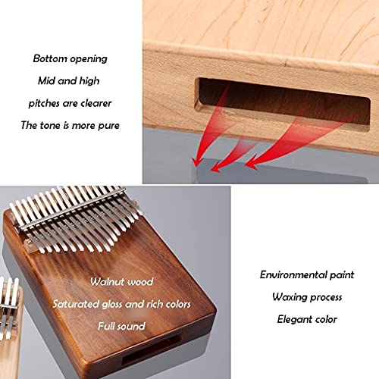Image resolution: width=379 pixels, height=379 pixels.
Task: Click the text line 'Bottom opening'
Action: tap(70, 59)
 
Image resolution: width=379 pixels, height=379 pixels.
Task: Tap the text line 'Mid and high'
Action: tap(69, 81)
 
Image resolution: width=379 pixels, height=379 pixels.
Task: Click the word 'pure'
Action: tap(108, 126)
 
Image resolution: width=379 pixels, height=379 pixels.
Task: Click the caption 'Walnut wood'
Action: tap(121, 282)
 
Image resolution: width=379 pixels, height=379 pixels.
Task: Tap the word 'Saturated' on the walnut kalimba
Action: tap(76, 304)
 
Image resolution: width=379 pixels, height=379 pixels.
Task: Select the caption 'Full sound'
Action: tap(121, 326)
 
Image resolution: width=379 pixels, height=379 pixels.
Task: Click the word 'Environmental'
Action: tap(291, 274)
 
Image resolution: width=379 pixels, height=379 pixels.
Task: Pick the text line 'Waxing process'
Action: tap(307, 297)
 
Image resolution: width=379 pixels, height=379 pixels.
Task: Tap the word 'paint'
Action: tap(340, 275)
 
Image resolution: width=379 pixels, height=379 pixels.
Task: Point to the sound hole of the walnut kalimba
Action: tap(152, 349)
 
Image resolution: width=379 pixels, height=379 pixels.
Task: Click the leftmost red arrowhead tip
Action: tap(196, 165)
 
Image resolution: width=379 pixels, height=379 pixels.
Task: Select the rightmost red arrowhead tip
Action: tap(246, 166)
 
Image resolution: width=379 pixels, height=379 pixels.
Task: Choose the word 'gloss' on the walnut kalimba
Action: tap(112, 305)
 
